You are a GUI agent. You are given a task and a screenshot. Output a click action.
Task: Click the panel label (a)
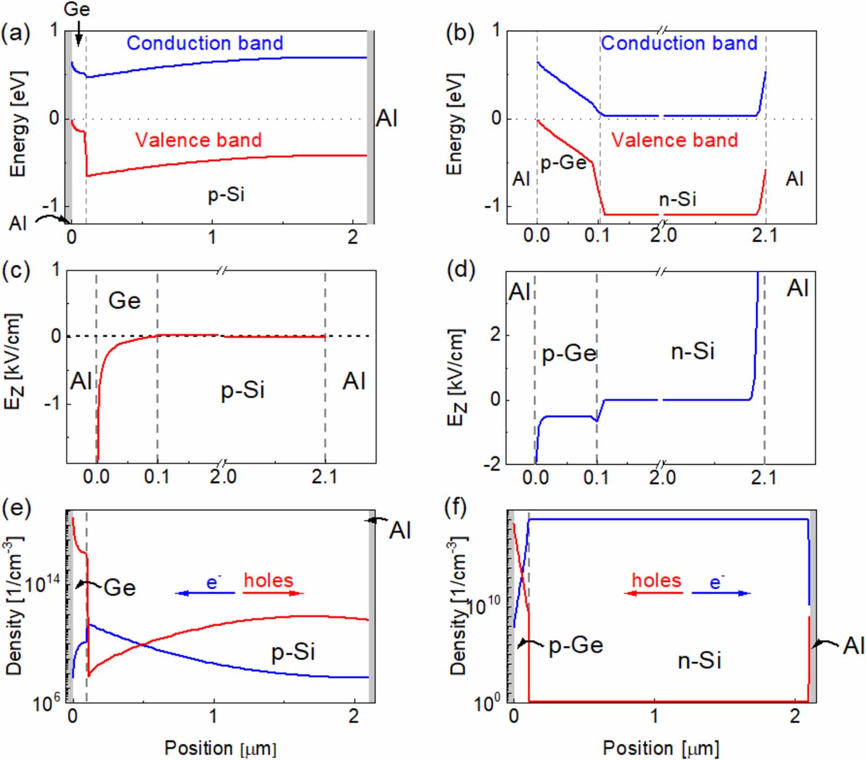16,34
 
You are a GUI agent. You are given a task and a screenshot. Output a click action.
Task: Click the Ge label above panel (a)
77,9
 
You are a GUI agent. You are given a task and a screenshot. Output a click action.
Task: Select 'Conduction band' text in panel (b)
679,43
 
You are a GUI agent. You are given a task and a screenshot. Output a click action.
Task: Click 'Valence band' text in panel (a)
198,140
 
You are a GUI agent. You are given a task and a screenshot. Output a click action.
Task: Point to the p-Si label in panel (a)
226,194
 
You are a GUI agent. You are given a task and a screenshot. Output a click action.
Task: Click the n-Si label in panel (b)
677,199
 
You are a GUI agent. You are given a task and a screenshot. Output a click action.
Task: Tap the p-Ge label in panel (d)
569,353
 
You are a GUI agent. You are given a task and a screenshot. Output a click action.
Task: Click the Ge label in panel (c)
124,300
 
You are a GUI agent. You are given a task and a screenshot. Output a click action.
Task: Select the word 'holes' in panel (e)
268,580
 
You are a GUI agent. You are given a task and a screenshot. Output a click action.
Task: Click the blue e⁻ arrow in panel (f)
721,593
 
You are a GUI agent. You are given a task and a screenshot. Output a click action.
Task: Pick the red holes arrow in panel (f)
653,593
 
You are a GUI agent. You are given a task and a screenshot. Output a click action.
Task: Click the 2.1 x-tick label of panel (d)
764,478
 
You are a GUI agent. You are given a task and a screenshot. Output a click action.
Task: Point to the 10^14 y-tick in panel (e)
43,584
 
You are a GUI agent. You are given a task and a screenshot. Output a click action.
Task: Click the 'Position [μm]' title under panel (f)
661,748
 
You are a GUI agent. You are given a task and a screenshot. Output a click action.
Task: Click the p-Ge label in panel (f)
576,645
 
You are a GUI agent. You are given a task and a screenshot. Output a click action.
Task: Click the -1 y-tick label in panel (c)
52,403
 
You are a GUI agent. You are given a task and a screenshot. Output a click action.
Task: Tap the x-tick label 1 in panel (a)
212,237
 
